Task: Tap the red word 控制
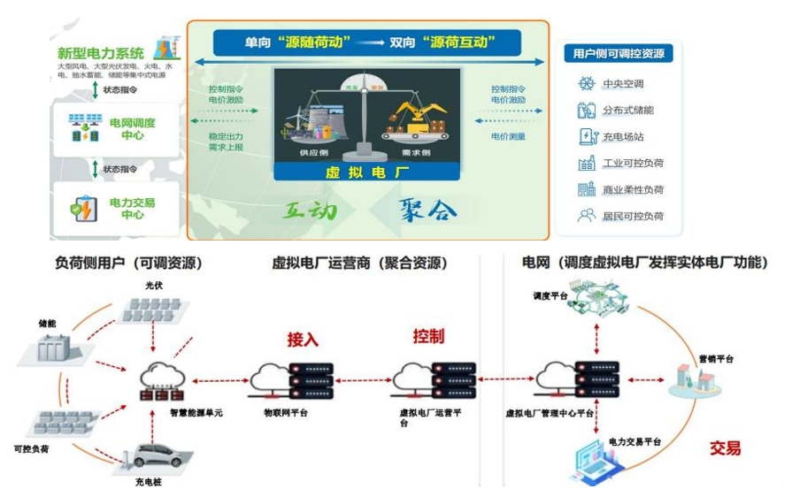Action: point(428,336)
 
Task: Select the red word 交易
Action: point(724,447)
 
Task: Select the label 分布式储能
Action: point(628,111)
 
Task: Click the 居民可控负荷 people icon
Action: point(586,215)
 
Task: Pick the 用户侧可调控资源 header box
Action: point(617,54)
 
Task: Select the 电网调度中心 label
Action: point(133,128)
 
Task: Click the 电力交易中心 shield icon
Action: point(85,209)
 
